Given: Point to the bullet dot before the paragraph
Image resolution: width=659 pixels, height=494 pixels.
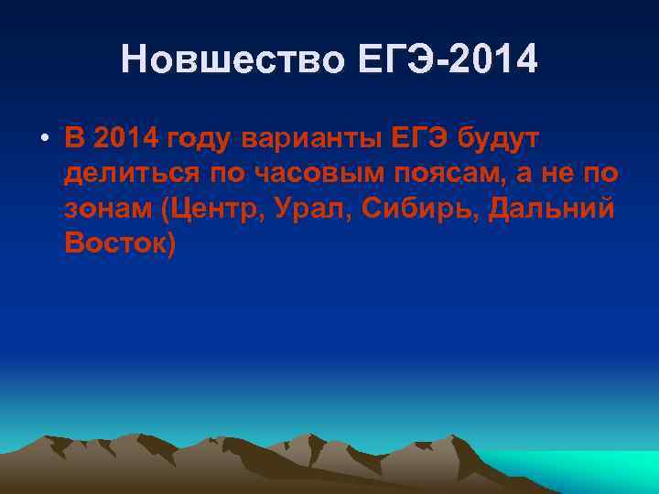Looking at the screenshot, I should pyautogui.click(x=43, y=140).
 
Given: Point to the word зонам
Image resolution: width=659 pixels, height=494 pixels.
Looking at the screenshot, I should pyautogui.click(x=109, y=209).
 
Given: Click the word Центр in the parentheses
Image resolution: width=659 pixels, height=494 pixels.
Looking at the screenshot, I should pyautogui.click(x=216, y=209).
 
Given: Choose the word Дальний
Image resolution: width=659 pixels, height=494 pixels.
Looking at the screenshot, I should pyautogui.click(x=552, y=209).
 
